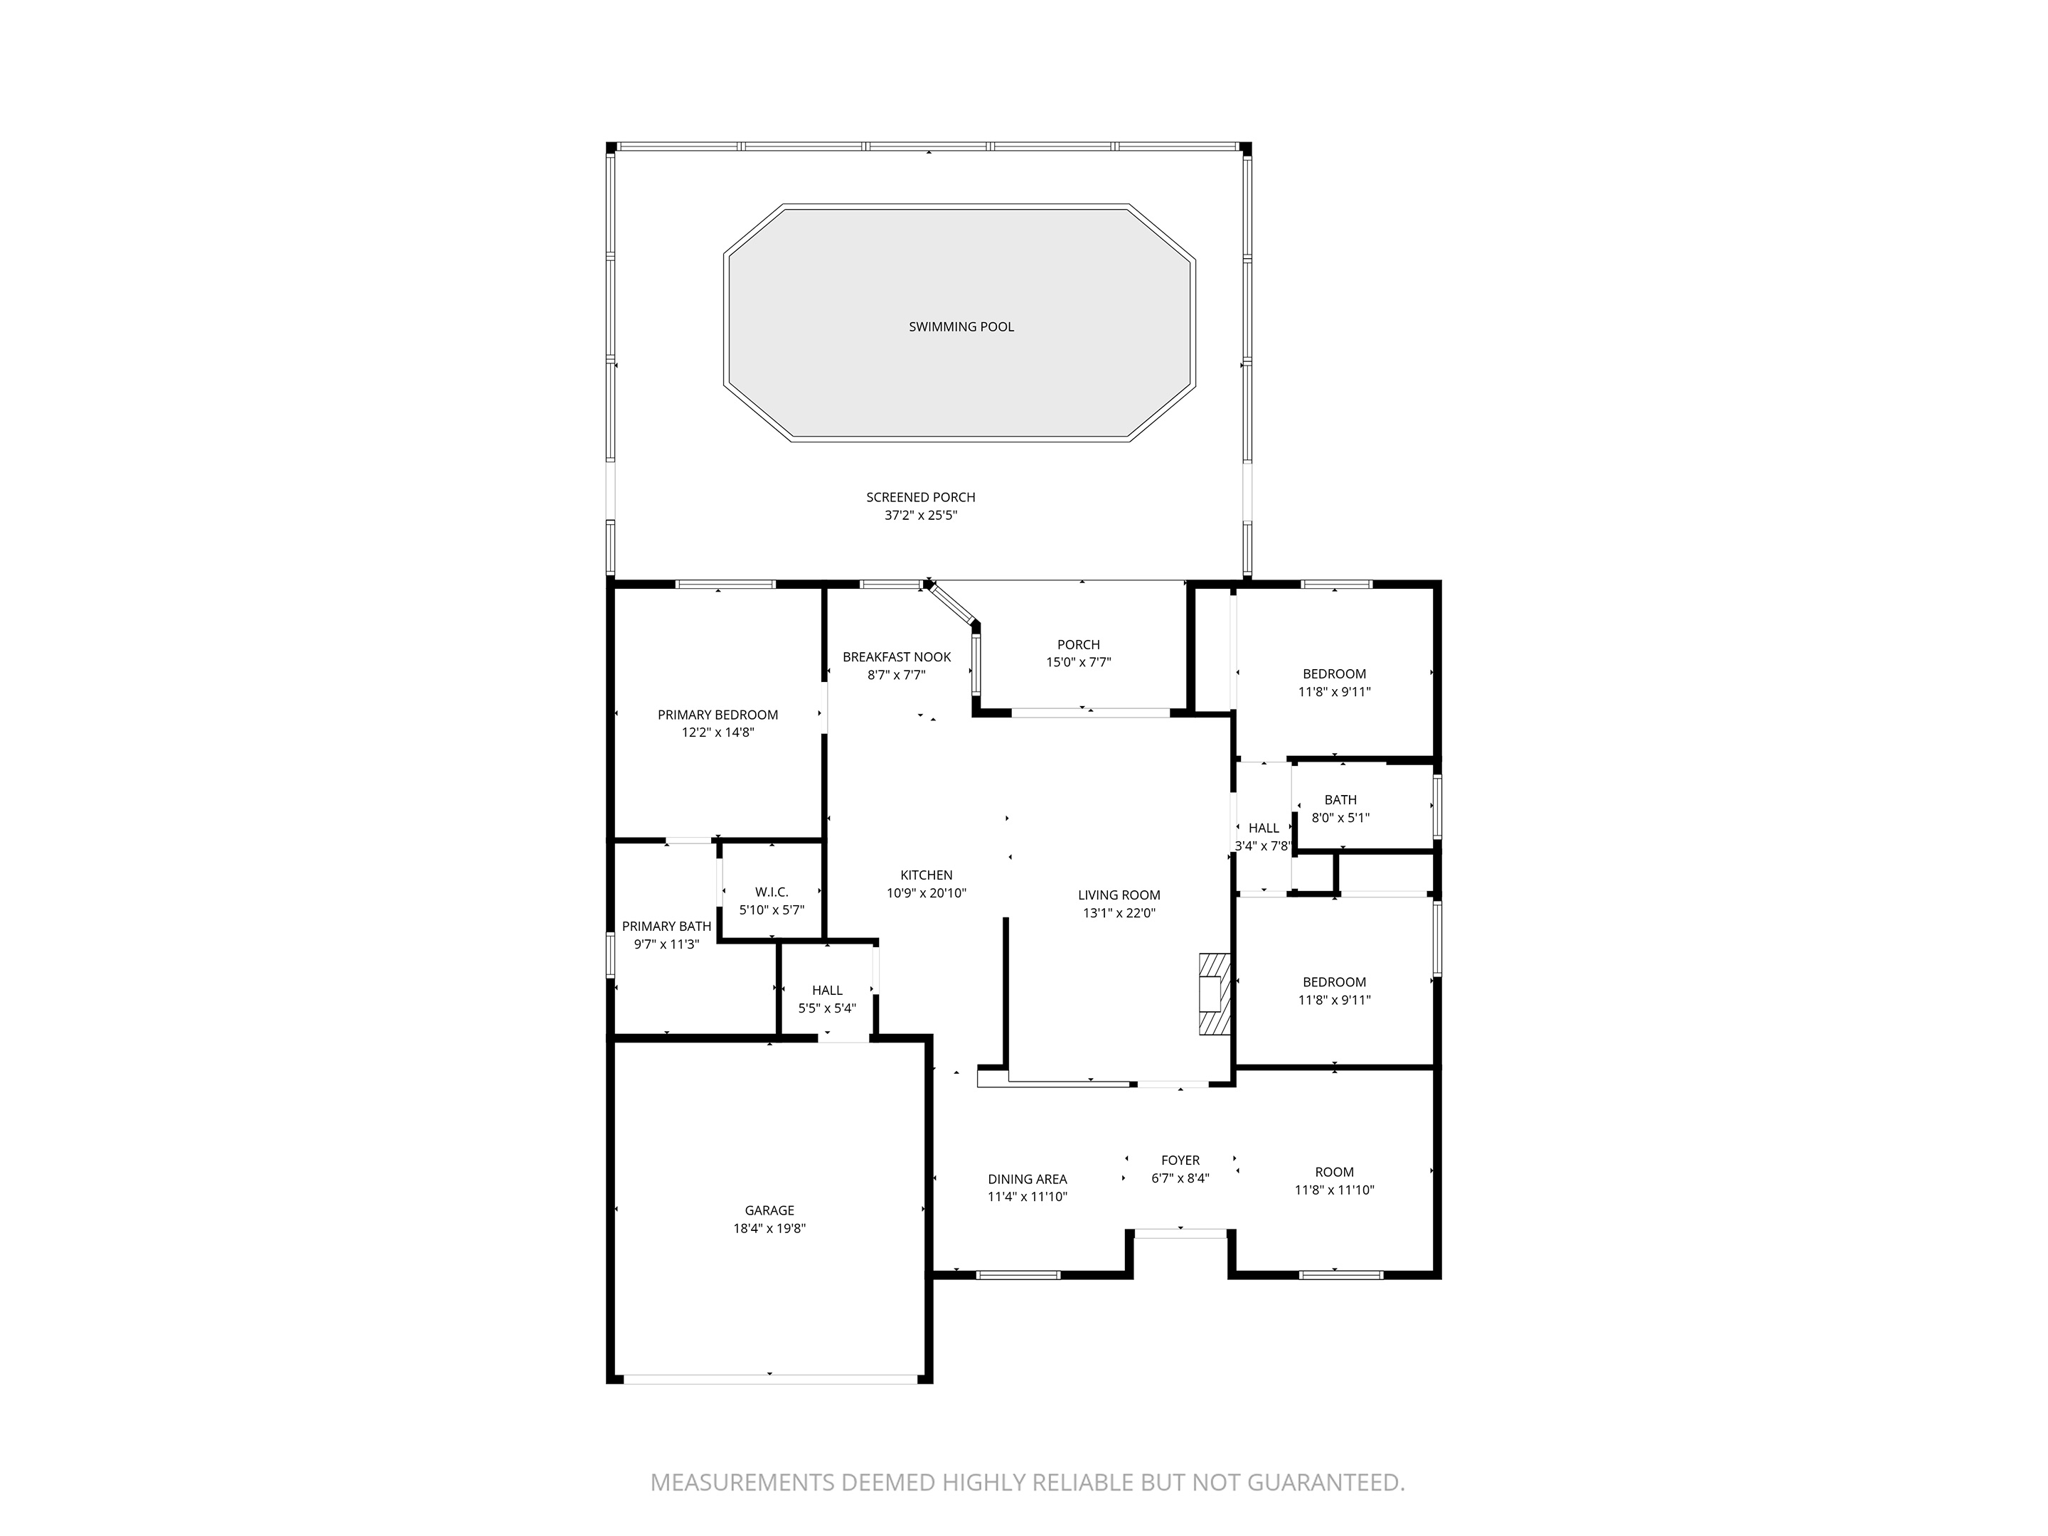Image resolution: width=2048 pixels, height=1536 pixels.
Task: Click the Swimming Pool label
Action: [x=960, y=327]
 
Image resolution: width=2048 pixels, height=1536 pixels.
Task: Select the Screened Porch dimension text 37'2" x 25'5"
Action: [x=920, y=516]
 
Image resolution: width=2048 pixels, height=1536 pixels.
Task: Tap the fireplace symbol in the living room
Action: [x=1214, y=994]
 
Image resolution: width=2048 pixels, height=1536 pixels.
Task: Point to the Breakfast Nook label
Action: [x=896, y=657]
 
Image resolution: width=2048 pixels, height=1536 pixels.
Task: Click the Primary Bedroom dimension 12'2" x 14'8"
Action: [x=717, y=733]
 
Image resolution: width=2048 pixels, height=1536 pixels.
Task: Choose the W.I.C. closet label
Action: [x=771, y=892]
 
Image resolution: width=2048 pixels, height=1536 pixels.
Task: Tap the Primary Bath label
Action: [x=666, y=927]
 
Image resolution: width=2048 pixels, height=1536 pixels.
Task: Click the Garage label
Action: [x=769, y=1210]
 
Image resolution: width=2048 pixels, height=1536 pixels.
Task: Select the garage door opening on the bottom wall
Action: [x=769, y=1379]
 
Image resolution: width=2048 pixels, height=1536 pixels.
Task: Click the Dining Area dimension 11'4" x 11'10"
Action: [x=1027, y=1197]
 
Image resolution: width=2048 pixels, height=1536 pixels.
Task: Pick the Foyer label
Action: [x=1180, y=1160]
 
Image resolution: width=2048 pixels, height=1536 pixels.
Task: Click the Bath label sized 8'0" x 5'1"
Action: [x=1340, y=800]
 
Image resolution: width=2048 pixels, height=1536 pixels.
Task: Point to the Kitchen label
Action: [x=926, y=875]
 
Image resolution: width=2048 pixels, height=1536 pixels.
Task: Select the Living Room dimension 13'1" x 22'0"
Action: [x=1119, y=913]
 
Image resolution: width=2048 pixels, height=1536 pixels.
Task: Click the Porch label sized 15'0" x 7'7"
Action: [x=1078, y=645]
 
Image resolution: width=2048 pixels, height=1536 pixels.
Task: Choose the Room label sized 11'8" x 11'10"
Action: [x=1334, y=1172]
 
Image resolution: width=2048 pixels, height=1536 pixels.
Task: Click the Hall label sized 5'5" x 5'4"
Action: [x=827, y=990]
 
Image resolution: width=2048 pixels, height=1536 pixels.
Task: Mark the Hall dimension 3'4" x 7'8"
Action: [x=1263, y=846]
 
